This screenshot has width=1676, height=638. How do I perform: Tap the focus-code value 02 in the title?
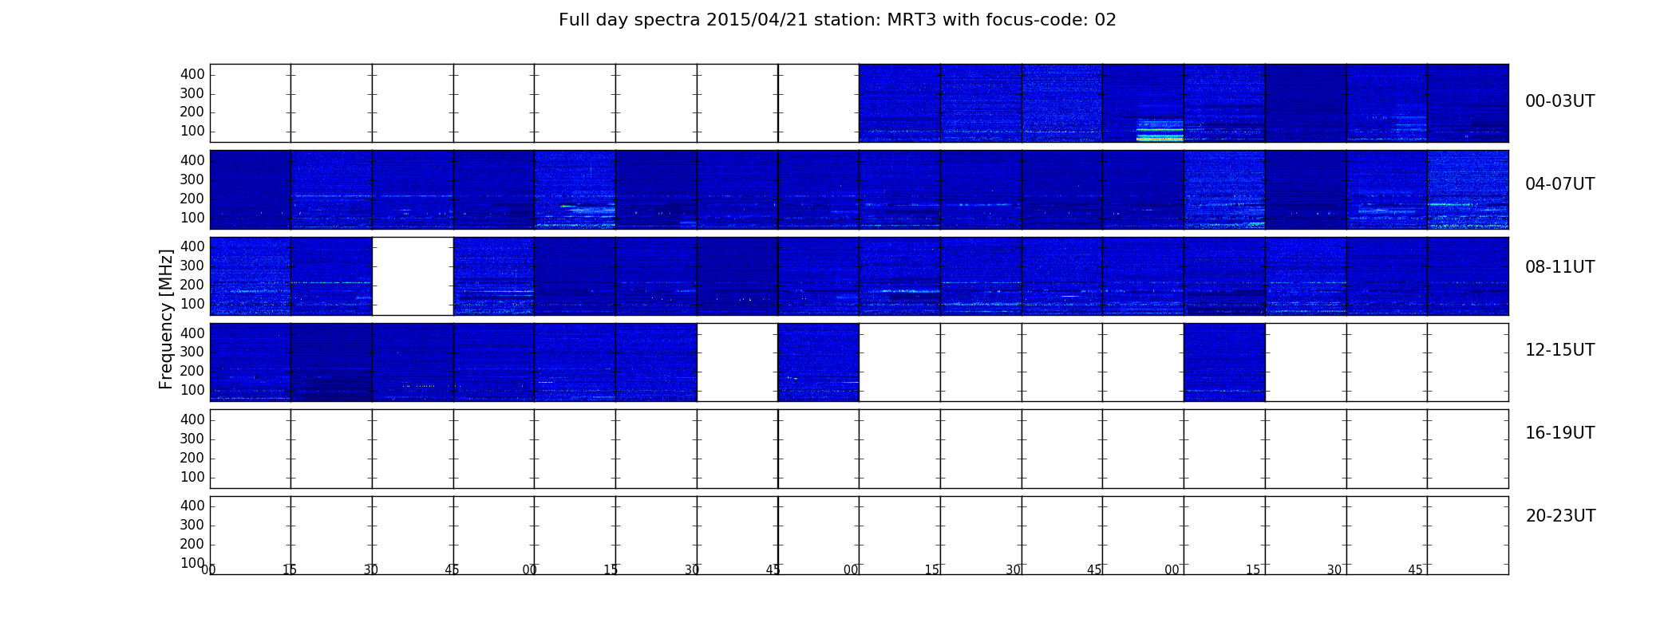point(1105,20)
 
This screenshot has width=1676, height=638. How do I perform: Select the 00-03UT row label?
point(1559,101)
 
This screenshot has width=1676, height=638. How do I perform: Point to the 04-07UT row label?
point(1559,184)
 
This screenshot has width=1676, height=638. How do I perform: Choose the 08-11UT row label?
point(1559,267)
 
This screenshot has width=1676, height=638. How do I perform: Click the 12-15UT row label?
point(1559,350)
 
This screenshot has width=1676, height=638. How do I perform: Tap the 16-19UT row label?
point(1559,433)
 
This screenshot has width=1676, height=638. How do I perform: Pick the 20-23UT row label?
point(1560,516)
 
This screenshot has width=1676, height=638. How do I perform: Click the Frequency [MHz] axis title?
point(166,319)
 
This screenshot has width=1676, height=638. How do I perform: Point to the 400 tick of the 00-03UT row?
point(192,74)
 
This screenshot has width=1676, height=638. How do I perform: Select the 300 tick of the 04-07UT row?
point(192,179)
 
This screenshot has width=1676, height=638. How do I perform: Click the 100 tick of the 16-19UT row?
point(192,477)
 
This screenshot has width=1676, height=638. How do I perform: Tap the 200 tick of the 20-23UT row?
point(192,544)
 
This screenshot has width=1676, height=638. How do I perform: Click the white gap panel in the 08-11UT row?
point(413,276)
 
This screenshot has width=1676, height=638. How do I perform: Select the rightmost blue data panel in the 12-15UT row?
point(1224,362)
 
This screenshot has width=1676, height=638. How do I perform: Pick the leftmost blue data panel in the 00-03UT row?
point(899,103)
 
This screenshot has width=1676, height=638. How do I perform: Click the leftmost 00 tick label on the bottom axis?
point(208,570)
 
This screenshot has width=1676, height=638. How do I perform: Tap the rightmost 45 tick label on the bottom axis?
point(1415,570)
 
